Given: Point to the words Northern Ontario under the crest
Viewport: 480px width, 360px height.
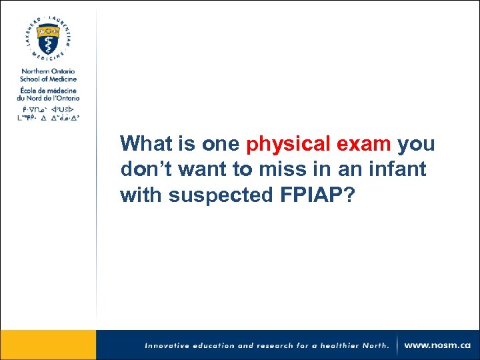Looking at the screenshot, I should tap(48, 71).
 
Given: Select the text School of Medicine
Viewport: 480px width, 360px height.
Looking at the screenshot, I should tap(48, 79).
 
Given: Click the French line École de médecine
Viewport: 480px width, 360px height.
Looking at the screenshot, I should tap(49, 91).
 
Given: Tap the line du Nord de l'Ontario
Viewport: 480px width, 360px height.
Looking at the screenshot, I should tap(49, 98).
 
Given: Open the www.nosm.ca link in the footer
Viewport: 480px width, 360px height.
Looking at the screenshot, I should tap(438, 345).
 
